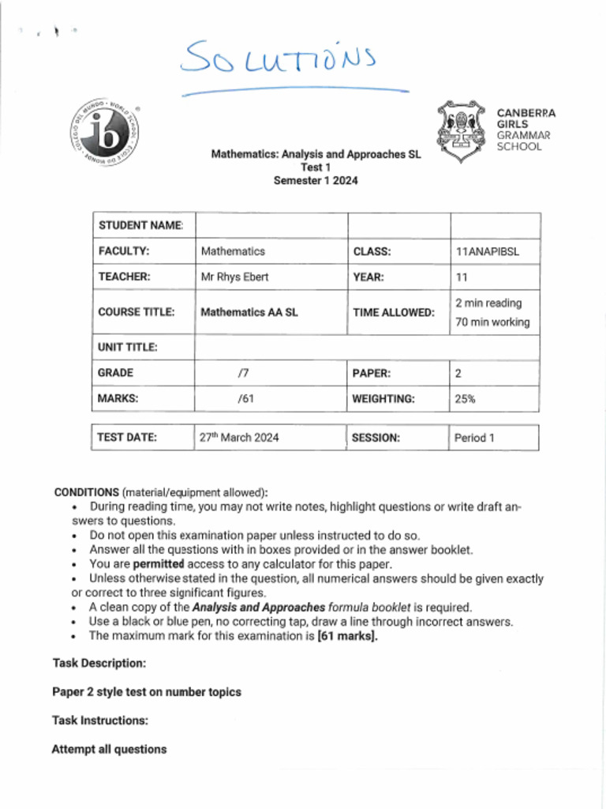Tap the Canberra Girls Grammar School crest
point(461,130)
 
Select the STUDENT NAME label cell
point(141,226)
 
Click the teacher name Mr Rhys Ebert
point(234,277)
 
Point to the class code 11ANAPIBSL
point(487,252)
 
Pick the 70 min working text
point(492,322)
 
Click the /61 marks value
point(245,399)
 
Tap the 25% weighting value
point(465,399)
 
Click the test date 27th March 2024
point(239,438)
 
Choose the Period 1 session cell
point(474,438)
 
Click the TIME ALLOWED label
point(393,313)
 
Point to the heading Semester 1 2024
point(316,180)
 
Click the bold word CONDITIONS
point(87,492)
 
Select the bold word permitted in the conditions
point(158,565)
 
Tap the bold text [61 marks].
point(347,636)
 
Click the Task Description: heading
point(99,664)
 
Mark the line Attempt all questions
point(109,749)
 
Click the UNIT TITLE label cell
point(128,347)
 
